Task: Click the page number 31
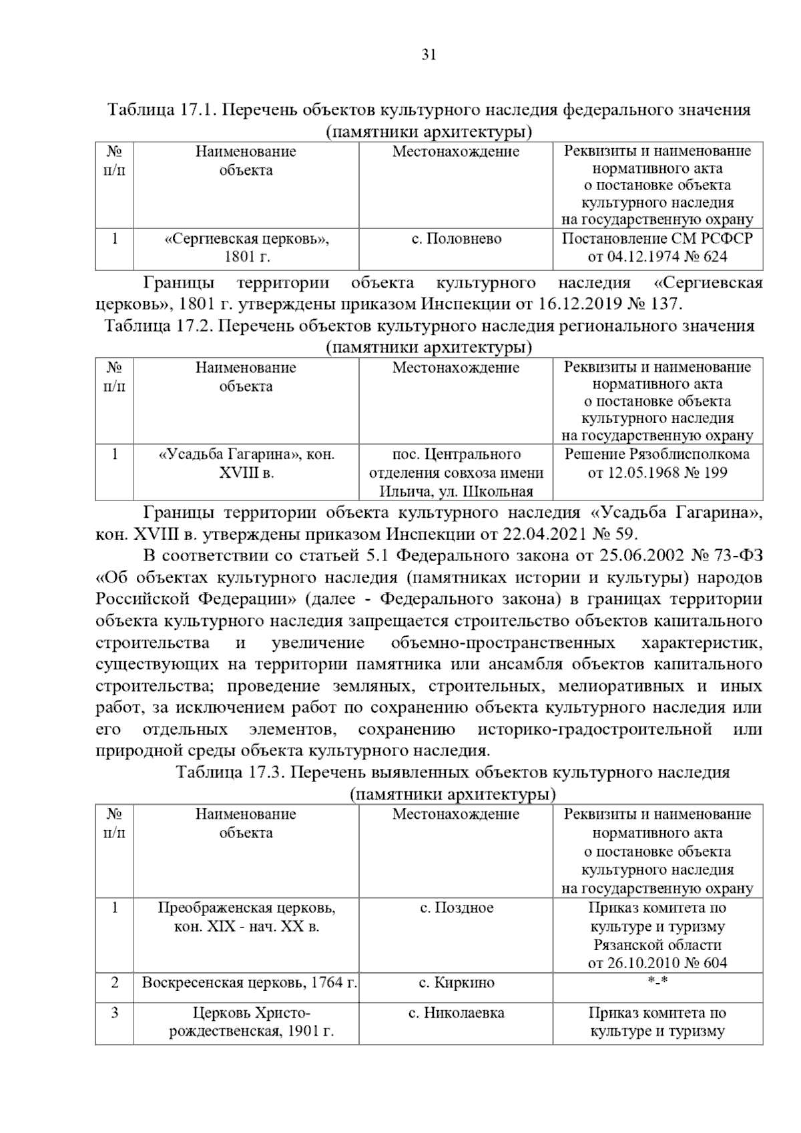click(429, 55)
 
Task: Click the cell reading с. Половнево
click(456, 239)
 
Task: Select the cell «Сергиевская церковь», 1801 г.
click(246, 248)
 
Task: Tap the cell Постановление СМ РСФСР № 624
click(657, 248)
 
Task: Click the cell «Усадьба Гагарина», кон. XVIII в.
click(246, 464)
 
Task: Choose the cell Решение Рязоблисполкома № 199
click(657, 464)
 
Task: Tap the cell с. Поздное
click(457, 908)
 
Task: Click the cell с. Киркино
click(457, 983)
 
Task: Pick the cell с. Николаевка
click(457, 1013)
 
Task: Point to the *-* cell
click(657, 983)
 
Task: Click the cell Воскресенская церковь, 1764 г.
click(246, 983)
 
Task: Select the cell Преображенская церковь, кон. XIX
click(246, 917)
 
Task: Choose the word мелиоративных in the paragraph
click(621, 687)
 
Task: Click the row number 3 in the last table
click(115, 1013)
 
